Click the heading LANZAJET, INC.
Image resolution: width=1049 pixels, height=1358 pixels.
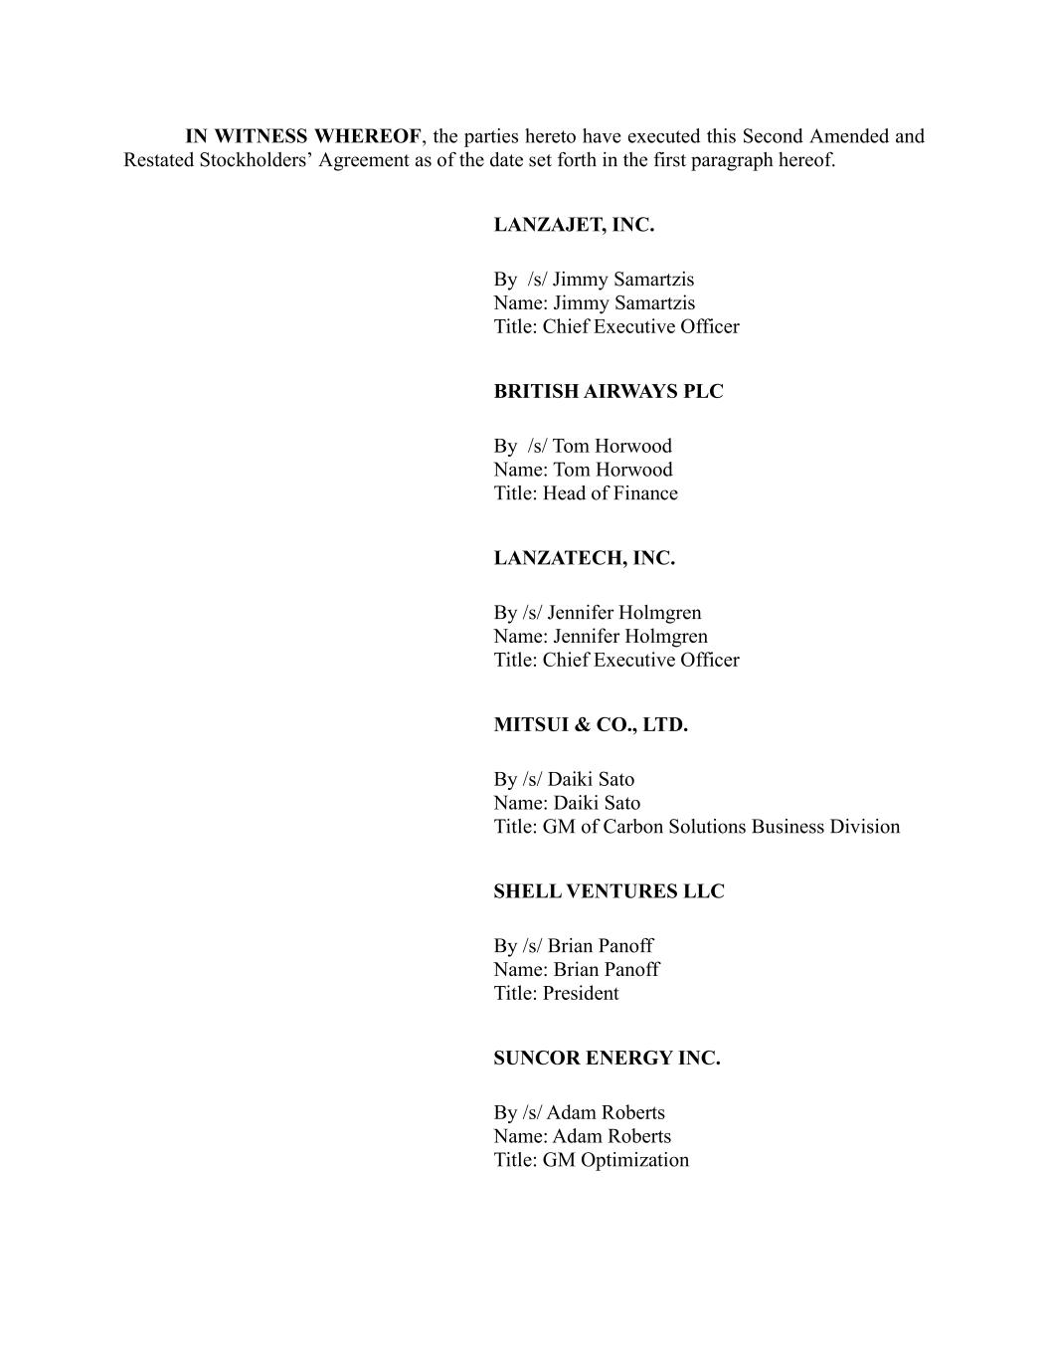pyautogui.click(x=574, y=225)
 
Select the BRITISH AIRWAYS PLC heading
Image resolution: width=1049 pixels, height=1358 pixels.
pyautogui.click(x=609, y=391)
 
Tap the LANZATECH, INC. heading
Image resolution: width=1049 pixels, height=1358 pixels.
pyautogui.click(x=584, y=558)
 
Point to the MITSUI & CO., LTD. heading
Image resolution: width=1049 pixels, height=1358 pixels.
pyautogui.click(x=591, y=724)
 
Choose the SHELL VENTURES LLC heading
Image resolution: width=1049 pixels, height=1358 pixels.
pyautogui.click(x=609, y=891)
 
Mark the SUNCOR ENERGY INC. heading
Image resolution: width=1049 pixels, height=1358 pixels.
pyautogui.click(x=607, y=1058)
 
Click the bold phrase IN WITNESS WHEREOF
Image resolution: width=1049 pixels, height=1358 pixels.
pyautogui.click(x=303, y=136)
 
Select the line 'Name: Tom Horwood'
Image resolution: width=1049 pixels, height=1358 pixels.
pyautogui.click(x=583, y=470)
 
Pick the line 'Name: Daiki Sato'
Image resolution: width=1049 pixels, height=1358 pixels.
pyautogui.click(x=567, y=803)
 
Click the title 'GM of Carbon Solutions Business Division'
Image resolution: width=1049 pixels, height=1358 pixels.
pyautogui.click(x=721, y=827)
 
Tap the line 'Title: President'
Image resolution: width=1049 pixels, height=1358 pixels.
pyautogui.click(x=556, y=993)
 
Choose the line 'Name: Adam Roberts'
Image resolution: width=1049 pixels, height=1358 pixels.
pyautogui.click(x=582, y=1136)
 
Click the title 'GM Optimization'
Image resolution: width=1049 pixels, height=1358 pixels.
pyautogui.click(x=615, y=1160)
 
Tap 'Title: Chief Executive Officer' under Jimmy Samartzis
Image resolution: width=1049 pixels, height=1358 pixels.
pyautogui.click(x=616, y=326)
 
